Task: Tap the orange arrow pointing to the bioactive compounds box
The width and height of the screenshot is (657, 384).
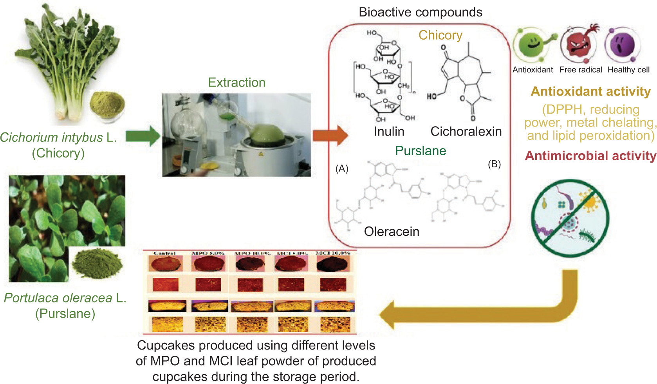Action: coord(330,136)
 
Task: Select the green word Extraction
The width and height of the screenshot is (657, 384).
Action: coord(236,82)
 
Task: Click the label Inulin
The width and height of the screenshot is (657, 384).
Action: coord(389,131)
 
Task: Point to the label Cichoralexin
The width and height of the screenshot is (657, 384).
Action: coord(466,131)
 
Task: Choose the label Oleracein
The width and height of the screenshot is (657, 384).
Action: coord(392,231)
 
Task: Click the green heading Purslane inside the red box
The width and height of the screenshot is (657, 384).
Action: coord(421,150)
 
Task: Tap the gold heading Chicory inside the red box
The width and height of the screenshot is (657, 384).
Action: coord(440,35)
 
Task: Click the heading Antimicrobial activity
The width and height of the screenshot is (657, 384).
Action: coord(590,156)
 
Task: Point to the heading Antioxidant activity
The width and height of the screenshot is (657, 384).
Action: coord(590,91)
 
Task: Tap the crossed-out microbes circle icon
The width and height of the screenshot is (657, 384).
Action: coord(570,218)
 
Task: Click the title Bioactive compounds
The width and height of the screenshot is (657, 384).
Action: coord(421,12)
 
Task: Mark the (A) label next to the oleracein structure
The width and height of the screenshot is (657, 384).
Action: coord(342,168)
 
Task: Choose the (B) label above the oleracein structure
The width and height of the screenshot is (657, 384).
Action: coord(494,164)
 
